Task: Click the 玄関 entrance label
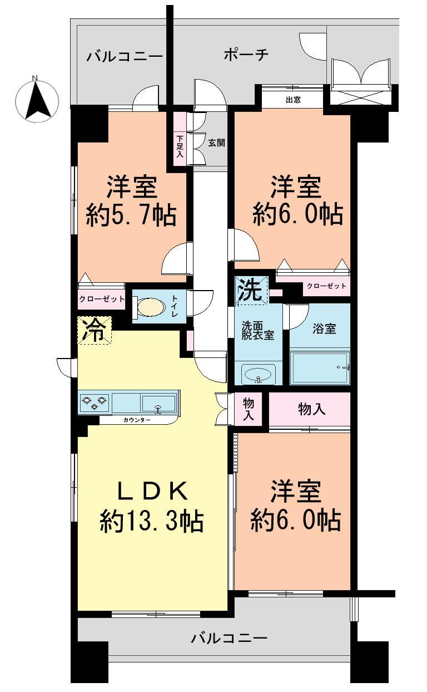(x=216, y=142)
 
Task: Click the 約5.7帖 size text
(x=131, y=214)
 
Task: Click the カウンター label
(x=136, y=420)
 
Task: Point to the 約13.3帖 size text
(x=151, y=521)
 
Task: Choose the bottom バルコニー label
(x=229, y=637)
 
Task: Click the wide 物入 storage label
(x=312, y=409)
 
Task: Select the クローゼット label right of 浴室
(x=326, y=286)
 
